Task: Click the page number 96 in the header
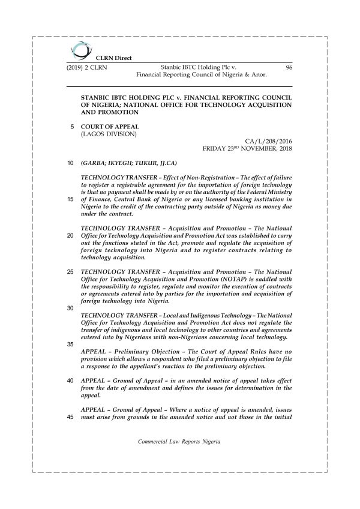(289, 68)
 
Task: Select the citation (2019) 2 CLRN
(87, 68)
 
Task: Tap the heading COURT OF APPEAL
(110, 127)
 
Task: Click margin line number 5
(73, 127)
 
